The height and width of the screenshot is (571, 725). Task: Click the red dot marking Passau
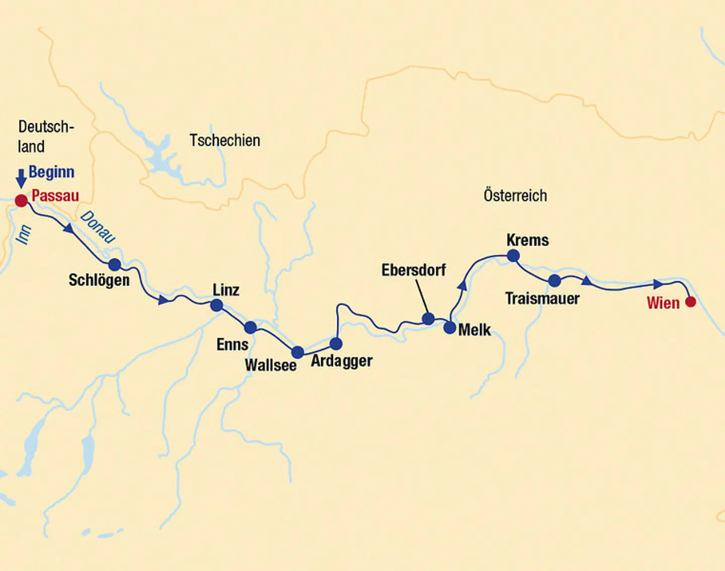pos(21,201)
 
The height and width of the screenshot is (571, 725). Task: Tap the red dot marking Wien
pos(691,302)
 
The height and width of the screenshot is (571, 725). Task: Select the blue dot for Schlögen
pos(115,264)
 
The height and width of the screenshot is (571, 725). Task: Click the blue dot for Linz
pos(216,305)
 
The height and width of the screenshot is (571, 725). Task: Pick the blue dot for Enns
pos(250,328)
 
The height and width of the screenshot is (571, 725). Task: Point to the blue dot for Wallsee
pos(298,352)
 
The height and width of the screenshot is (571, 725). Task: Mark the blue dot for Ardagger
pos(336,344)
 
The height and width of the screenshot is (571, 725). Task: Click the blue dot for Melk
pos(450,328)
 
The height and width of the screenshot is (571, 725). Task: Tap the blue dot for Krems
pos(513,256)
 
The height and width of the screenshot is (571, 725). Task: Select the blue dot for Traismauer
pos(554,280)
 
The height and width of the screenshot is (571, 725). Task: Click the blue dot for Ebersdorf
pos(428,318)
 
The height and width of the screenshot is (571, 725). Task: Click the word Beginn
pos(51,172)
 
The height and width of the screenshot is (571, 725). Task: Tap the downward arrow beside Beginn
pos(21,178)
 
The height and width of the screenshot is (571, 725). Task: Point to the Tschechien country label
pos(225,140)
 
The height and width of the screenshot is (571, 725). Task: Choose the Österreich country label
pos(515,195)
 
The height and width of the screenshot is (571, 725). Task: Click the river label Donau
pos(98,227)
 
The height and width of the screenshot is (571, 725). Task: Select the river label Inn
pos(23,235)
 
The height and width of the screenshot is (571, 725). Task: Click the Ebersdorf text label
pos(413,270)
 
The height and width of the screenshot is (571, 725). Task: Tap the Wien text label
pos(663,303)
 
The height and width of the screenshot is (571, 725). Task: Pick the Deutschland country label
pos(45,136)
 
